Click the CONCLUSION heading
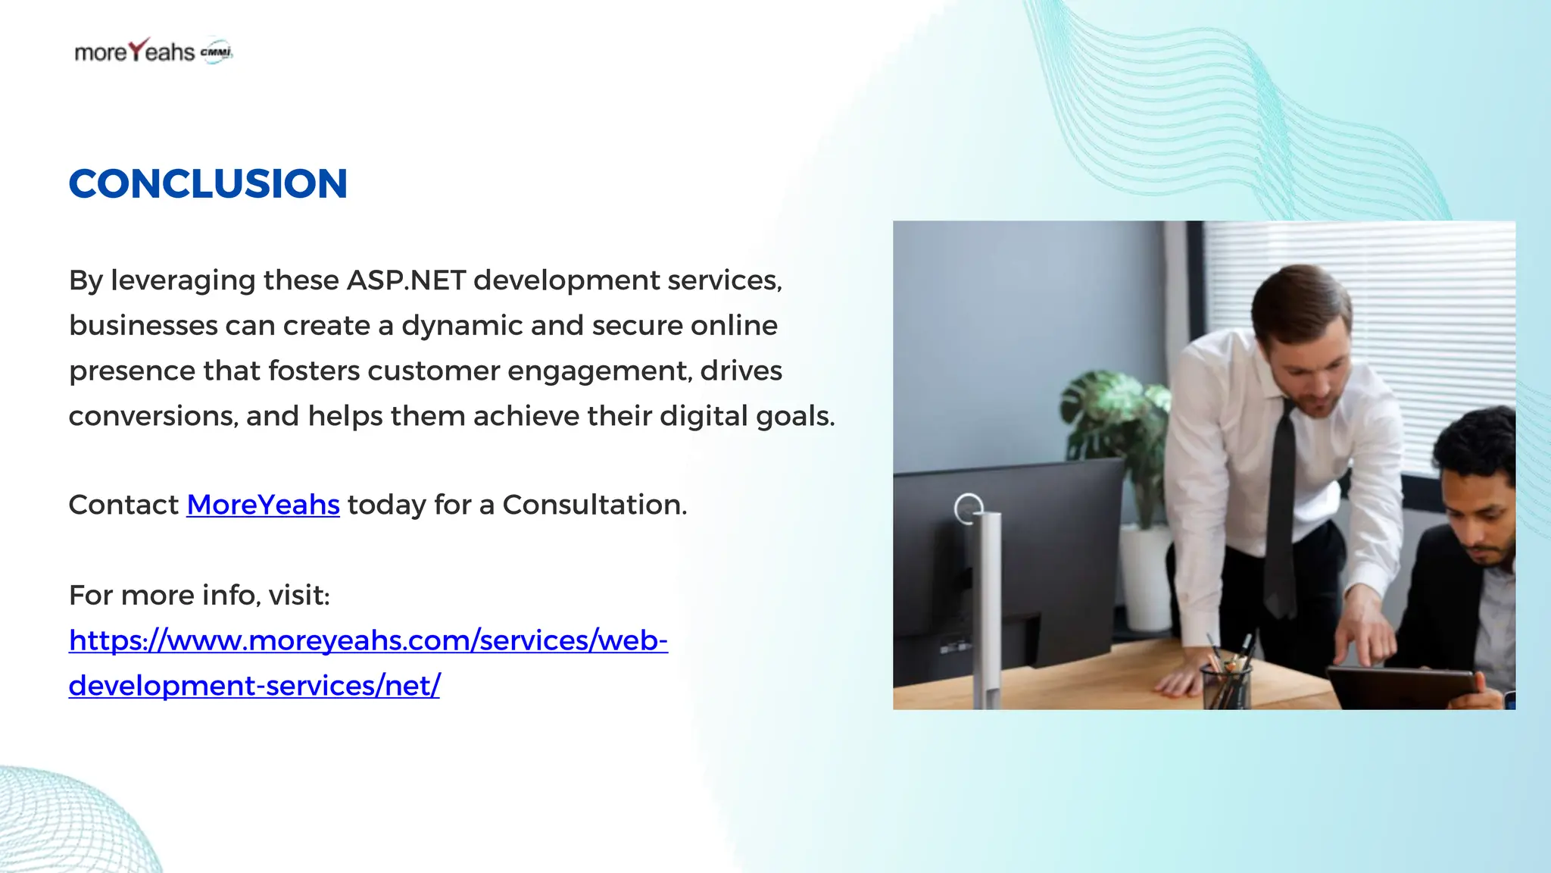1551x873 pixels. (x=208, y=184)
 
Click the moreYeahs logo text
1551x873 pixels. (x=135, y=52)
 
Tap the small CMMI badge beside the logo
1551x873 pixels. (x=217, y=52)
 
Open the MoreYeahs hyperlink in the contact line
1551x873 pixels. (x=263, y=505)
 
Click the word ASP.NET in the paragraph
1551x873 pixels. (x=406, y=280)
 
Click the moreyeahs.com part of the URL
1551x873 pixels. (x=360, y=640)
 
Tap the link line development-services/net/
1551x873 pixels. (x=254, y=685)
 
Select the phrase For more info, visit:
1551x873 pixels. (x=199, y=596)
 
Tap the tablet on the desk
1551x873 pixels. (x=1401, y=686)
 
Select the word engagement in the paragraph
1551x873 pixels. (x=598, y=371)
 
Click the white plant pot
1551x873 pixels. (x=1146, y=576)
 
